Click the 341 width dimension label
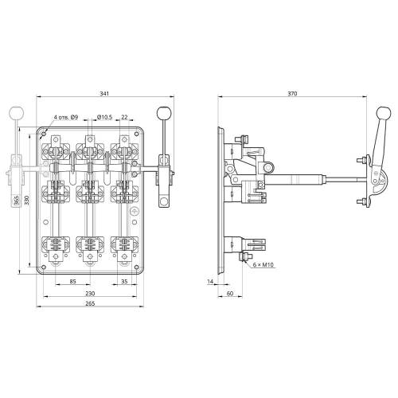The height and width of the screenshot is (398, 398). pos(104,94)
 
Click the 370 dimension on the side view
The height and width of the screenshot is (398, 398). pos(292,93)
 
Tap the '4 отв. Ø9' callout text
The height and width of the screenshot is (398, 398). pos(66,117)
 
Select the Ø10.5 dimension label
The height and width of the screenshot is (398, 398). pos(105,117)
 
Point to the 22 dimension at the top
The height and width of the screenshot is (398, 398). pos(124,117)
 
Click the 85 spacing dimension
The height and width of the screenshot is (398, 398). pos(72,281)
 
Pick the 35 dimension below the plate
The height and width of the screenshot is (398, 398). pos(124,281)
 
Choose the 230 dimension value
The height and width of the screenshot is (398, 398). pos(90,294)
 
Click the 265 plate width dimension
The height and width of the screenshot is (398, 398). pos(90,303)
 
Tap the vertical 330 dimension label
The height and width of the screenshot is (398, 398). pos(26,201)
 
